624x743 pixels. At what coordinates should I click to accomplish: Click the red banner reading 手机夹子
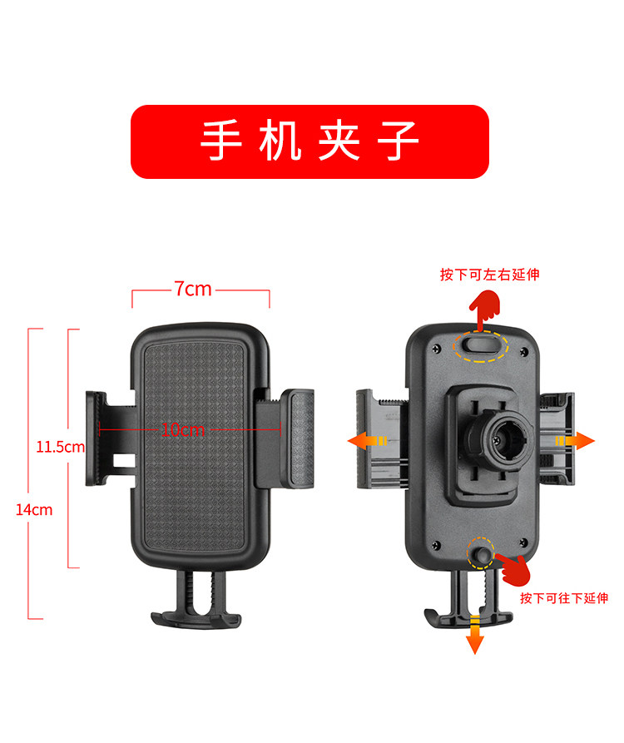310,141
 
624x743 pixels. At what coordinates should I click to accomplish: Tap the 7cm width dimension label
192,289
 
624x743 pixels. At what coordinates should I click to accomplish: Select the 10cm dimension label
182,429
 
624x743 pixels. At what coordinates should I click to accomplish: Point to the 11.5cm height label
60,447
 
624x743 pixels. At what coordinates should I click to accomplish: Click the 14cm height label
33,509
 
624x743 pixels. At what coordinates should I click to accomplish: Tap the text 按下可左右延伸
489,275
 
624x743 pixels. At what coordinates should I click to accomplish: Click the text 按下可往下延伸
563,597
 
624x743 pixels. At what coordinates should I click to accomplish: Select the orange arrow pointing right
575,440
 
